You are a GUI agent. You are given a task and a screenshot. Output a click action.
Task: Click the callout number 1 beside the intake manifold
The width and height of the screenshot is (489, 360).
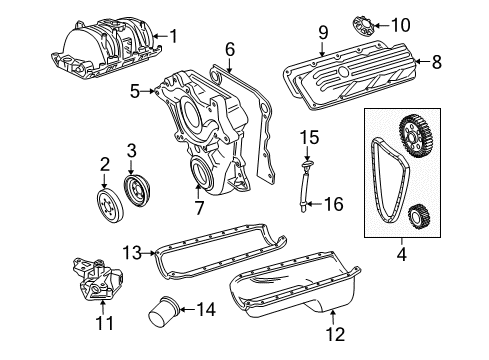pos(173,37)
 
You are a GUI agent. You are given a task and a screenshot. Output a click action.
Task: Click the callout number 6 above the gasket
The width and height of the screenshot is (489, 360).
pos(229,48)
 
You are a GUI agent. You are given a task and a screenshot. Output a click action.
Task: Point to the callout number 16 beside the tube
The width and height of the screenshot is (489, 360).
pos(332,205)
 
